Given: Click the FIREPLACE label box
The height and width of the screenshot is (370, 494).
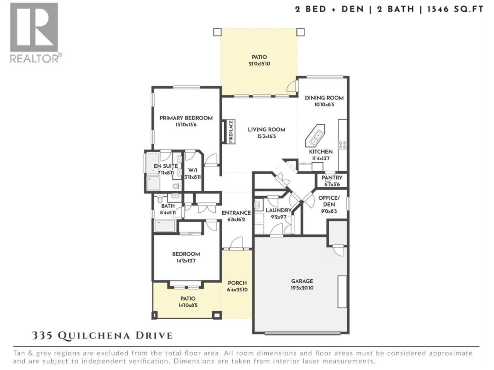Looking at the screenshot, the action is click(x=231, y=132).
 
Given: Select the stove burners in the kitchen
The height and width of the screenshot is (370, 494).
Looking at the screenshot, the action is click(x=343, y=145).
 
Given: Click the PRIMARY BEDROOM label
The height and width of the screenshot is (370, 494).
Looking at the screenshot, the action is click(x=186, y=118).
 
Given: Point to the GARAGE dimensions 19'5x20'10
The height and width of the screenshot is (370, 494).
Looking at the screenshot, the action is click(x=302, y=288).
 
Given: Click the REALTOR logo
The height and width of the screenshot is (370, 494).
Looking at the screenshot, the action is click(x=36, y=33).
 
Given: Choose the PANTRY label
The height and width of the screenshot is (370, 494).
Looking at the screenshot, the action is click(x=332, y=178).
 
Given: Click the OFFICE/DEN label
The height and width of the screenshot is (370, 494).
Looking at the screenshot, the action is click(x=329, y=201).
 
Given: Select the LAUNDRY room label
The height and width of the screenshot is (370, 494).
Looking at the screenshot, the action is click(x=279, y=210).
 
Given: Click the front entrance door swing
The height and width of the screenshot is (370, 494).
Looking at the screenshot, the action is click(x=236, y=243).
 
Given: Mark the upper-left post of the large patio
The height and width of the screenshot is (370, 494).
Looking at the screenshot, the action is click(x=217, y=32).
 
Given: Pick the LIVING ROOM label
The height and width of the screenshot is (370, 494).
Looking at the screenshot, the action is click(x=266, y=129).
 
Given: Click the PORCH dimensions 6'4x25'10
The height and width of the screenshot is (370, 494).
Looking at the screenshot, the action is click(x=237, y=290).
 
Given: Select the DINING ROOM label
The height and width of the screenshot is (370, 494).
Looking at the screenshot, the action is click(x=324, y=98).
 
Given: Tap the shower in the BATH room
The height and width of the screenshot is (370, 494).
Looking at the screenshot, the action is click(x=165, y=225).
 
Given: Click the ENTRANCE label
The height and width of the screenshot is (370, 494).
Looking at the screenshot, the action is click(x=236, y=213).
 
